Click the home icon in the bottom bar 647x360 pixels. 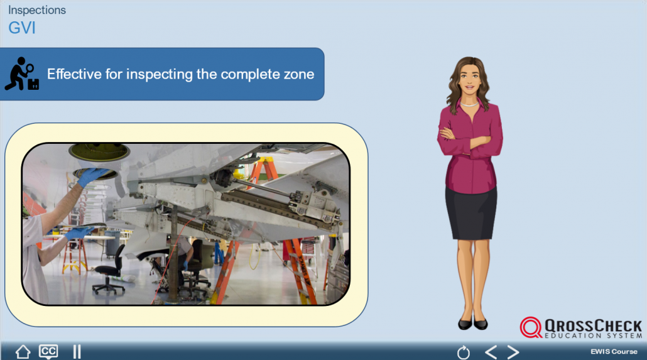tap(23, 352)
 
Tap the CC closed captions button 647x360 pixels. tap(48, 351)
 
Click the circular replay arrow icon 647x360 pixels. tap(464, 352)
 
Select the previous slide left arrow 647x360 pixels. tap(491, 352)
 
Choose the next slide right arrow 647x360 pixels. tap(513, 352)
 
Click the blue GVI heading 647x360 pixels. tap(22, 28)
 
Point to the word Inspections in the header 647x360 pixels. tap(36, 10)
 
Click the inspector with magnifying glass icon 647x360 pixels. tap(22, 74)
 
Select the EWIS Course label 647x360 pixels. tap(614, 351)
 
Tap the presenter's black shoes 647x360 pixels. tap(473, 324)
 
